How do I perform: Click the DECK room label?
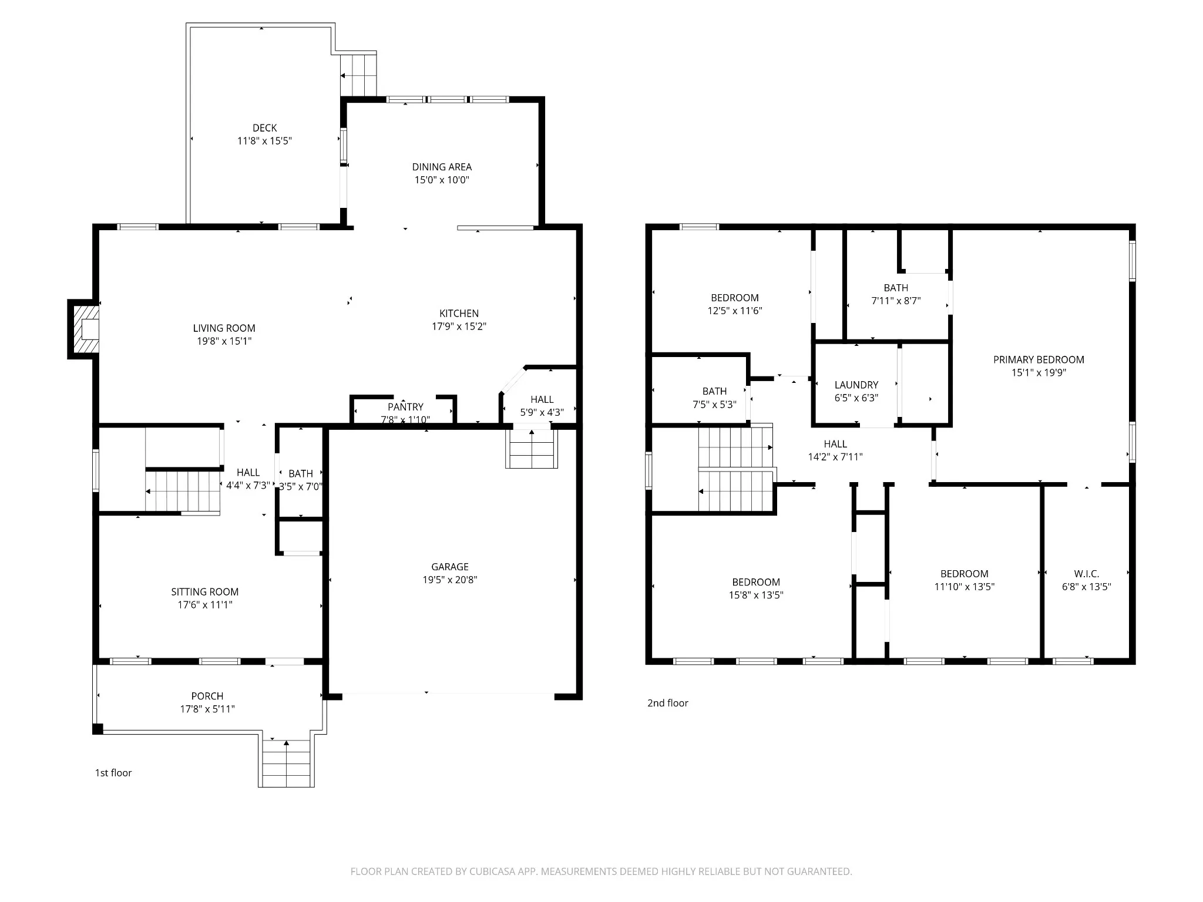click(x=264, y=128)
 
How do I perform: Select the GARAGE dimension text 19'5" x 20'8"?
click(x=450, y=580)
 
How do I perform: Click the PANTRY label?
click(x=405, y=407)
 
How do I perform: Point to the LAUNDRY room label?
click(x=856, y=385)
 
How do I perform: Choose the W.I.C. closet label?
click(x=1086, y=574)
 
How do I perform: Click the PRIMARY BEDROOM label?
click(x=1039, y=360)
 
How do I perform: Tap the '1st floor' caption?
click(x=113, y=773)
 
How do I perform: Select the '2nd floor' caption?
click(x=667, y=703)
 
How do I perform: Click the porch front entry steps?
click(x=286, y=763)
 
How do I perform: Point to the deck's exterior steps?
click(x=358, y=75)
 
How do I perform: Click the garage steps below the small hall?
click(x=532, y=449)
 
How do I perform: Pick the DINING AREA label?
click(x=442, y=167)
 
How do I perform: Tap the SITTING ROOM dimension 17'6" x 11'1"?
click(x=205, y=605)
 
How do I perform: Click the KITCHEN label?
click(x=459, y=314)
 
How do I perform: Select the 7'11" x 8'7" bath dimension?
click(x=896, y=301)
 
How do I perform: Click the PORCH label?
click(x=207, y=696)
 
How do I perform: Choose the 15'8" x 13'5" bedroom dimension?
click(x=756, y=595)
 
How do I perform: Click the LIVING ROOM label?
click(x=224, y=328)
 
